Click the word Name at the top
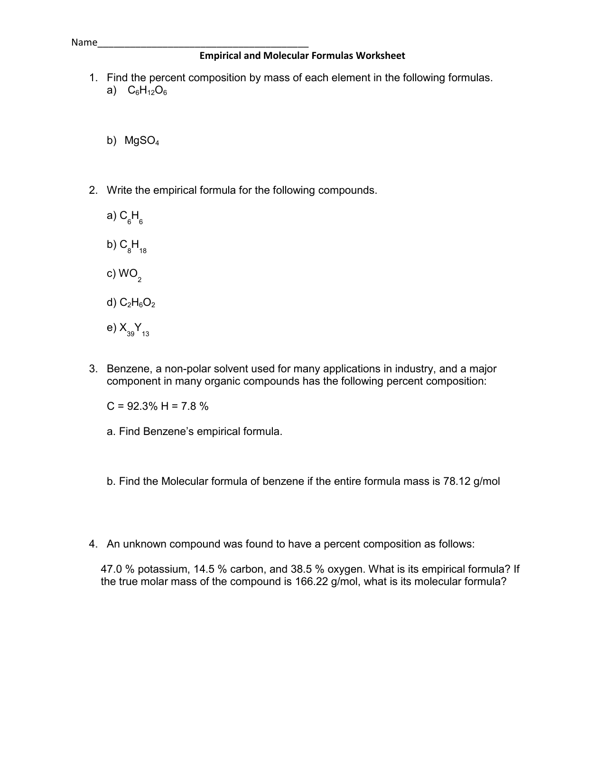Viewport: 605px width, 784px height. pyautogui.click(x=84, y=43)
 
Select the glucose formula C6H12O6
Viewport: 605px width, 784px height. pyautogui.click(x=147, y=91)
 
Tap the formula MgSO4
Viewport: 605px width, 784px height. pyautogui.click(x=141, y=141)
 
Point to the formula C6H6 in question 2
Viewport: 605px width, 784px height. pyautogui.click(x=131, y=217)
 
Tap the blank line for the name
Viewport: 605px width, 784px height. pyautogui.click(x=203, y=46)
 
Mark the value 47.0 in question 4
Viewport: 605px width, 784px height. pyautogui.click(x=112, y=569)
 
